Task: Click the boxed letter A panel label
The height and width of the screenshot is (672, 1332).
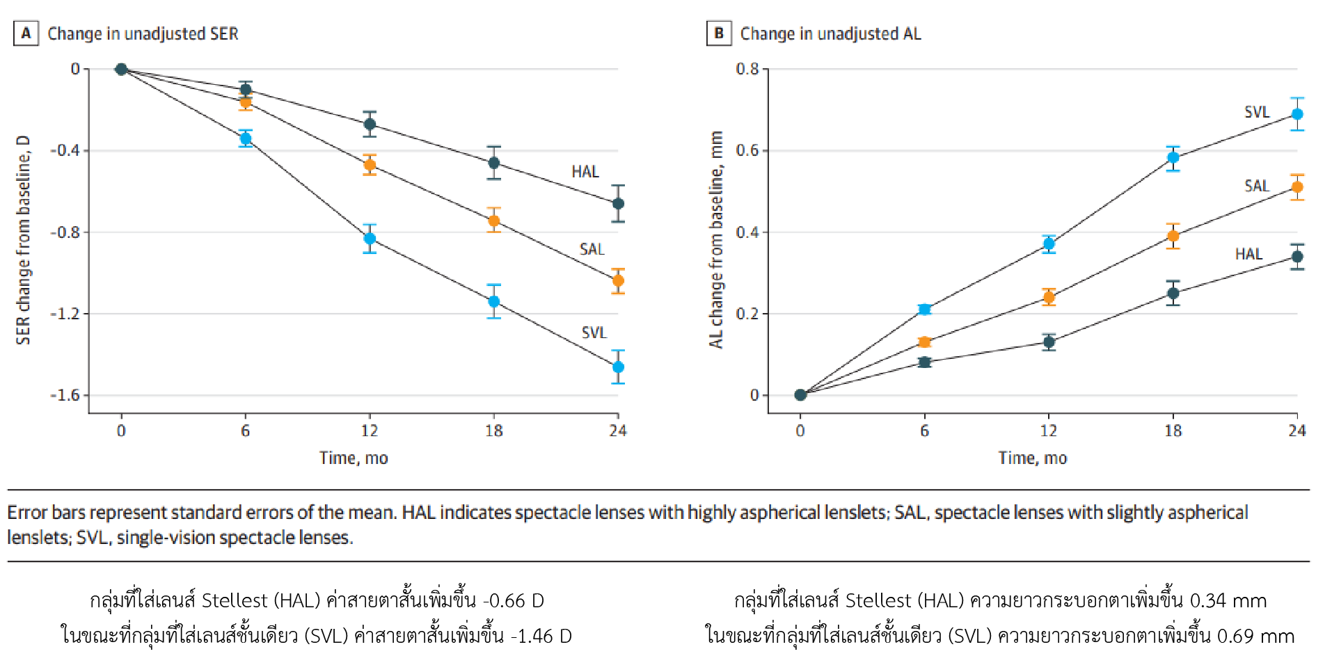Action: click(26, 33)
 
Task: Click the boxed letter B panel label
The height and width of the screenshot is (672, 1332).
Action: click(719, 33)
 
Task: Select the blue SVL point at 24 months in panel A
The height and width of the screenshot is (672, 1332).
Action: click(618, 367)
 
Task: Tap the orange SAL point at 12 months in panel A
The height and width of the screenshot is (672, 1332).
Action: click(370, 165)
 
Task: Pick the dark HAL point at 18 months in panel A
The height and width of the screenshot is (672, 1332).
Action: click(494, 163)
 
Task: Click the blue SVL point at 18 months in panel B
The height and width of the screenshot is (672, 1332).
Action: click(1173, 157)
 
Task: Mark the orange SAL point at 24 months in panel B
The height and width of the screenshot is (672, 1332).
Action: click(1297, 187)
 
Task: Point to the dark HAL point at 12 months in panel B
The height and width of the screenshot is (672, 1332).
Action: click(1049, 342)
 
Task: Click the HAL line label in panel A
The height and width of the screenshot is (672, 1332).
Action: click(585, 172)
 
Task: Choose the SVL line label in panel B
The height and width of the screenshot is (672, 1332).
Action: click(1257, 112)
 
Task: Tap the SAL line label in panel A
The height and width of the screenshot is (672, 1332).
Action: click(592, 249)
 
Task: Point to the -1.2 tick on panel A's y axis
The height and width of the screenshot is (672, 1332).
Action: click(65, 314)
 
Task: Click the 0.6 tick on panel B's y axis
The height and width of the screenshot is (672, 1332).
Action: click(747, 150)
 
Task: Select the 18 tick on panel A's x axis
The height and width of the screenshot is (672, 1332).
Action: click(494, 431)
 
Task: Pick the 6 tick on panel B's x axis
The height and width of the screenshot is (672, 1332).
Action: click(924, 431)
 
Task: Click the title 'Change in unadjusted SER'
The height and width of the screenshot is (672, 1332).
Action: click(143, 33)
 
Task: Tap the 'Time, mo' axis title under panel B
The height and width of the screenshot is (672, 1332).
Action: click(1033, 458)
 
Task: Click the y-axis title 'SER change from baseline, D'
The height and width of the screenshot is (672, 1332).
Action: click(24, 240)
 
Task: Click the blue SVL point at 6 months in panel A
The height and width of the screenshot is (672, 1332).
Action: click(246, 138)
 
